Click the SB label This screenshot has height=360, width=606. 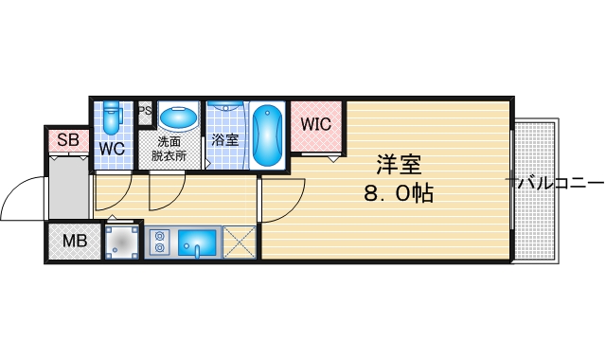pos(67,140)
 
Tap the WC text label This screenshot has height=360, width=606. pos(113,149)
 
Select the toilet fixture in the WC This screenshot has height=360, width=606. pos(113,117)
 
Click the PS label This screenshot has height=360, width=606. pos(145,110)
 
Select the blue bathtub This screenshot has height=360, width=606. pos(268,135)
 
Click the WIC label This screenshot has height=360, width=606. pos(315,124)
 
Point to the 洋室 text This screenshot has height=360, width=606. pos(398,165)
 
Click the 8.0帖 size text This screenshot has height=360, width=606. pos(398,194)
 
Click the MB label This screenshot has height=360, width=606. pos(74,241)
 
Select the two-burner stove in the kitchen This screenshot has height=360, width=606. pos(158,243)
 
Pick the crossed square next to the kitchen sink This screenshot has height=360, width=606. pos(239,243)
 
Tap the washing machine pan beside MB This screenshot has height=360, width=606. pos(122,243)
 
